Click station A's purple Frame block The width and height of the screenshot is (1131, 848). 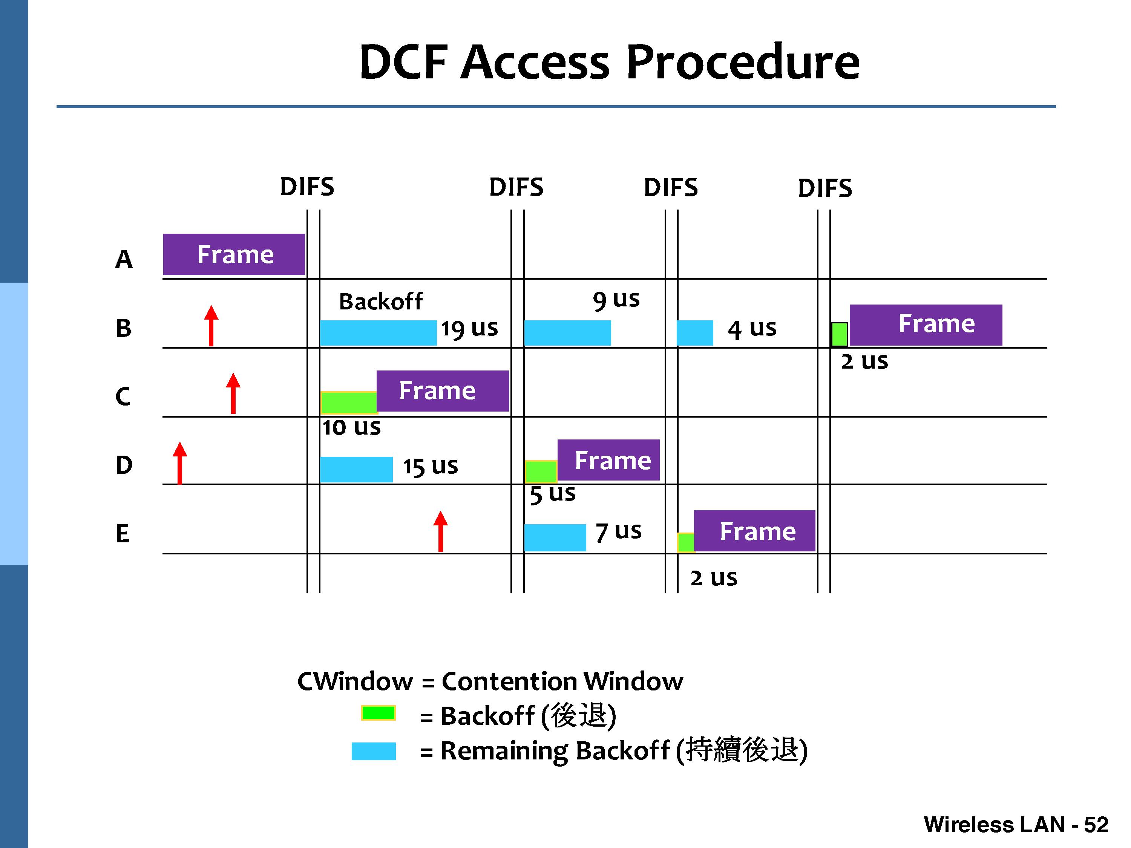pyautogui.click(x=234, y=254)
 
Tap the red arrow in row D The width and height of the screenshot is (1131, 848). pyautogui.click(x=179, y=463)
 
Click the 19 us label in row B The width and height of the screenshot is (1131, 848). pyautogui.click(x=469, y=328)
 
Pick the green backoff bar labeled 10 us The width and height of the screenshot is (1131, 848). pyautogui.click(x=349, y=402)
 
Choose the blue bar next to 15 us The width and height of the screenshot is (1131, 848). pyautogui.click(x=356, y=469)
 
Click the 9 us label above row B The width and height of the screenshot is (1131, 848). pyautogui.click(x=616, y=300)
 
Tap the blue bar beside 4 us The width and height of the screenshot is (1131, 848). pyautogui.click(x=695, y=333)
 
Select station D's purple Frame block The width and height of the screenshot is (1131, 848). pyautogui.click(x=608, y=460)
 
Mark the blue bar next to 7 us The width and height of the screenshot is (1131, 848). pyautogui.click(x=555, y=538)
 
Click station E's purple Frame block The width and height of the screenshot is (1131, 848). pyautogui.click(x=755, y=531)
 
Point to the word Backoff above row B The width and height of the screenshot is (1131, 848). pyautogui.click(x=381, y=302)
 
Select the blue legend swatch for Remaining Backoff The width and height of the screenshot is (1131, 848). pyautogui.click(x=374, y=751)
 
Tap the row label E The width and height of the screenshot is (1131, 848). pyautogui.click(x=123, y=534)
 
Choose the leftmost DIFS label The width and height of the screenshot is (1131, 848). pyautogui.click(x=307, y=187)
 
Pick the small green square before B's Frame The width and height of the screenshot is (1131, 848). pyautogui.click(x=839, y=334)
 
